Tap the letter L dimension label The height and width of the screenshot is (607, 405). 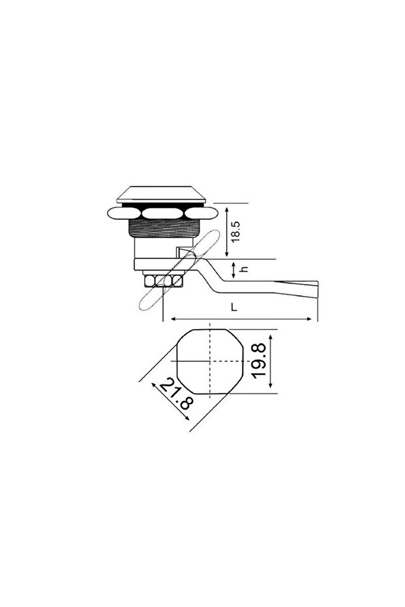[233, 306]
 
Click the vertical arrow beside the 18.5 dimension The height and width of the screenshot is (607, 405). [226, 231]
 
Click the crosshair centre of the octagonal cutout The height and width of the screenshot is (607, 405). [209, 361]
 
